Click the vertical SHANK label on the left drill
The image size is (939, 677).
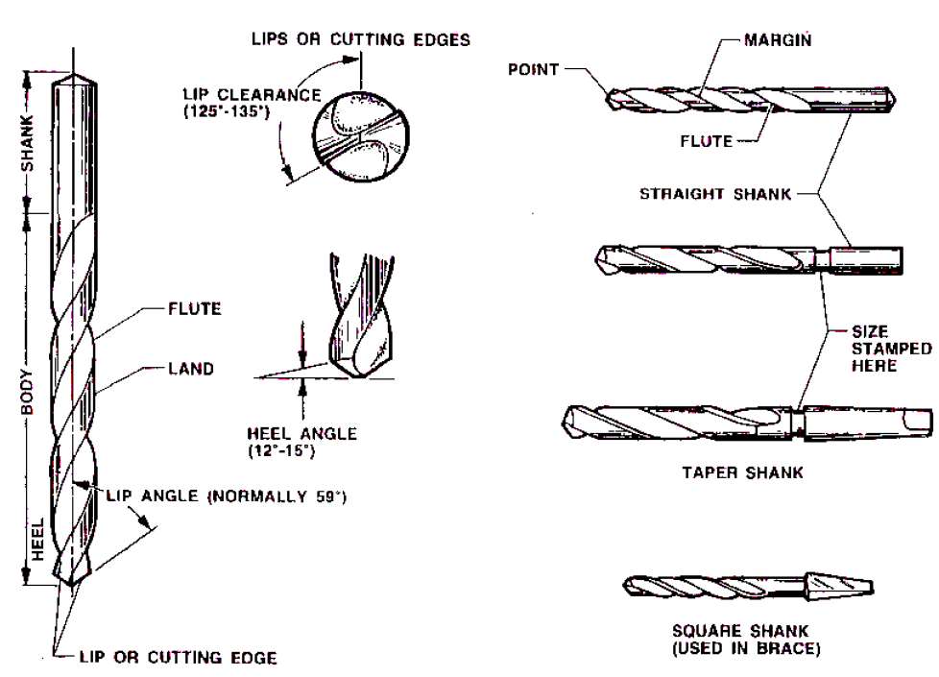tap(29, 143)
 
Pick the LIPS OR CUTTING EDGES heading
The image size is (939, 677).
tap(361, 39)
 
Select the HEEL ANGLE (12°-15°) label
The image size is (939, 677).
tap(301, 441)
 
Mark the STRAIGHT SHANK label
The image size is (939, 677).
tap(715, 194)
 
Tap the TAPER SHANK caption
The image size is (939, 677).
tap(742, 472)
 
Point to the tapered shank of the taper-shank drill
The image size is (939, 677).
tap(869, 420)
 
